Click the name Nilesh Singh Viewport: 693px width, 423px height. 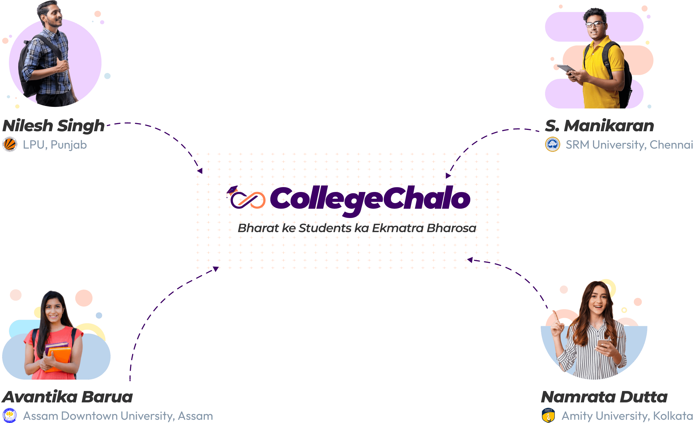(53, 126)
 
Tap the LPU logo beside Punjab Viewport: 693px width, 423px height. (10, 145)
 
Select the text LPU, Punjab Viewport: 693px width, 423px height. (55, 145)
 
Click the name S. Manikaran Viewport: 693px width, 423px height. (599, 126)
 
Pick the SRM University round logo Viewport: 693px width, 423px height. (552, 144)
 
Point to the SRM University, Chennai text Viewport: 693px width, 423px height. (629, 145)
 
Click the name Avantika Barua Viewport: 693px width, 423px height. (67, 397)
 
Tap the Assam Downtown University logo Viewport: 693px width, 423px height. (10, 415)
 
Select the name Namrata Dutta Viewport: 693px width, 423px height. (604, 397)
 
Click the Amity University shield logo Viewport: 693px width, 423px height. (548, 415)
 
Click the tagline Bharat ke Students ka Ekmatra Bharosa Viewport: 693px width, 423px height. (357, 228)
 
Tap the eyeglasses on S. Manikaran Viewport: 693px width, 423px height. (595, 24)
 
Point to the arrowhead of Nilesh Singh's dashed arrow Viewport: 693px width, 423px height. (200, 171)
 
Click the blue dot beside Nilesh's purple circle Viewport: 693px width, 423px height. (108, 76)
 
